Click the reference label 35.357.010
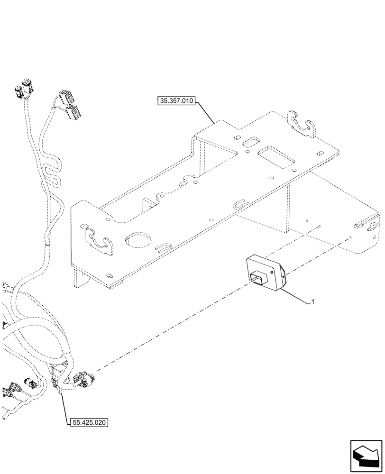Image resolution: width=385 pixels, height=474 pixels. pos(176,101)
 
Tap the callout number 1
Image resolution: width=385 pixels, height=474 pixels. pos(312,301)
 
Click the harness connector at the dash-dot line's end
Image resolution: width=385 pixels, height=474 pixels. pos(86,379)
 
